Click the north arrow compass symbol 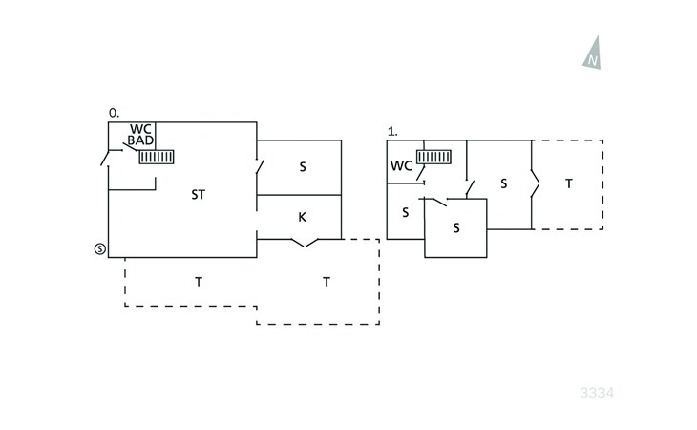click(593, 54)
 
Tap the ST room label click(198, 195)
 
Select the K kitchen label click(302, 218)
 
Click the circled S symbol click(99, 248)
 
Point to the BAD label click(140, 140)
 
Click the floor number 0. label click(114, 113)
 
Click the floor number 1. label click(391, 131)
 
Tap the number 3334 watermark click(597, 393)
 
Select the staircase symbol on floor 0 click(156, 157)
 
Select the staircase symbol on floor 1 click(433, 158)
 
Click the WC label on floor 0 click(140, 129)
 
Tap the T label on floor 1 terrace click(569, 183)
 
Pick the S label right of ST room click(303, 167)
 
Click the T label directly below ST click(199, 282)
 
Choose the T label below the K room click(327, 282)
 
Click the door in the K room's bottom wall click(304, 243)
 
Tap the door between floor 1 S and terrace click(534, 184)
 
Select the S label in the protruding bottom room click(456, 228)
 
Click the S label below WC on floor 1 click(405, 212)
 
